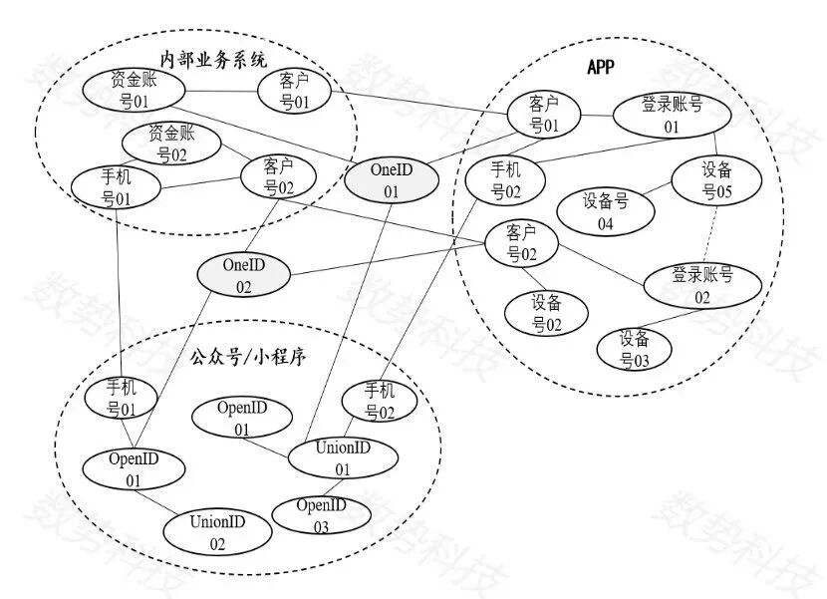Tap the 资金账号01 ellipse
133,91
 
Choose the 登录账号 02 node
701,285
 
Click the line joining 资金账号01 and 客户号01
221,92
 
